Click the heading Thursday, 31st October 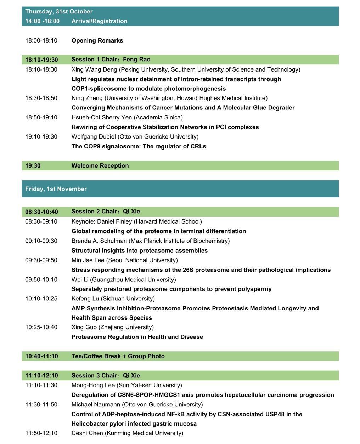(x=59, y=11)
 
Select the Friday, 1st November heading (x=56, y=189)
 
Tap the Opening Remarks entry (x=97, y=40)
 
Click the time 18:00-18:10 (x=41, y=40)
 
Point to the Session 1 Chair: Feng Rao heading (x=111, y=60)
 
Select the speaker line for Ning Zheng (x=169, y=98)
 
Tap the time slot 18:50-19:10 (x=41, y=117)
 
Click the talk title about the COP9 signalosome (x=139, y=146)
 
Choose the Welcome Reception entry (x=100, y=166)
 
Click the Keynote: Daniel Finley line (x=136, y=221)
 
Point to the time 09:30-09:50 (x=41, y=260)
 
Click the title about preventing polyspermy (x=171, y=289)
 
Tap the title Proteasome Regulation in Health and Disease (x=137, y=337)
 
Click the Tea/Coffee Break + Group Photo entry (x=118, y=356)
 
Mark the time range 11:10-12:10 (x=41, y=375)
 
